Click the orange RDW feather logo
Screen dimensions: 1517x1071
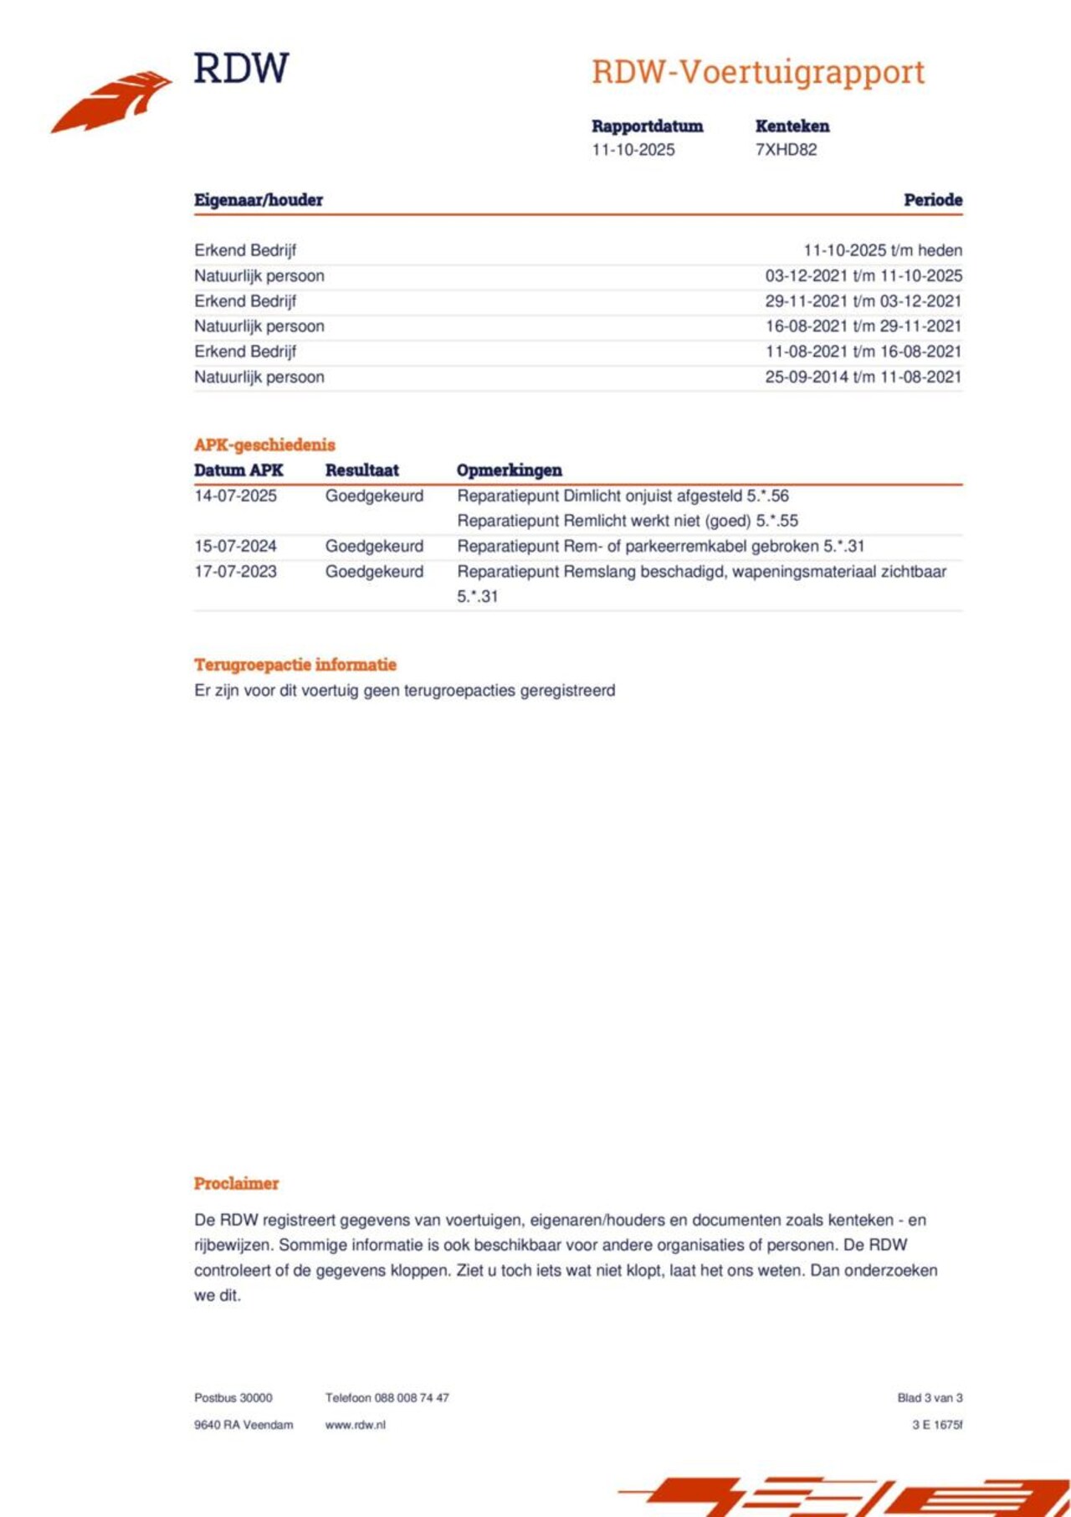tap(111, 101)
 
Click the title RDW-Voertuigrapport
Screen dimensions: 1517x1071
tap(758, 72)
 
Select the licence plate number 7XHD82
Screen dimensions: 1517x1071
tap(786, 150)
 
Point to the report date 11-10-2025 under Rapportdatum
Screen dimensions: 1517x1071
tap(633, 150)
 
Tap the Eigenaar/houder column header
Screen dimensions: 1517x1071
tap(259, 200)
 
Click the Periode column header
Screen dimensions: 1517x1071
tap(932, 200)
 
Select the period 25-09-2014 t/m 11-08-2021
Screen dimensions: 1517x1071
tap(863, 377)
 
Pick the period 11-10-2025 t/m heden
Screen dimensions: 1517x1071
tap(882, 250)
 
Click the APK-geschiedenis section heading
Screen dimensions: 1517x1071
tap(264, 445)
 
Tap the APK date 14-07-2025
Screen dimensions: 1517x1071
tap(235, 496)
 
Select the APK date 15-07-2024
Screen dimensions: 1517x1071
tap(235, 546)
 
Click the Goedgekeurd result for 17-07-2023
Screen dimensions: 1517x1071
tap(374, 572)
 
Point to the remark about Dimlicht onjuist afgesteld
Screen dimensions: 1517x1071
tap(623, 496)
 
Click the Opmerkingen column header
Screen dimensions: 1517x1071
tap(509, 471)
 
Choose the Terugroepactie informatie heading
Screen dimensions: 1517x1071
tap(295, 665)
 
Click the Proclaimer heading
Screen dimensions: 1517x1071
tap(236, 1183)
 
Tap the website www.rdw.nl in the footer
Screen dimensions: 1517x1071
tap(355, 1425)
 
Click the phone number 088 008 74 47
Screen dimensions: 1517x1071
tap(411, 1398)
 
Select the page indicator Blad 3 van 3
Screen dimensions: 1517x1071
tap(930, 1398)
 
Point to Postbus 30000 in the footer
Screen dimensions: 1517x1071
tap(233, 1398)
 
